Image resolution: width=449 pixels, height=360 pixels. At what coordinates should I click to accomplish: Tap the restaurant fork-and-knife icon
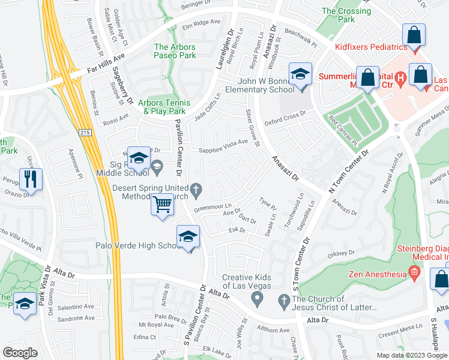(x=28, y=177)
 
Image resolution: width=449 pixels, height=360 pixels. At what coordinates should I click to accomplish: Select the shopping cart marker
(x=161, y=205)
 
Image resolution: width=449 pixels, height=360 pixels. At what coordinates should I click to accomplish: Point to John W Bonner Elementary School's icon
(x=300, y=74)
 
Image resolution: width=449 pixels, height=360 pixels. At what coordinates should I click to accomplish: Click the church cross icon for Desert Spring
(x=196, y=191)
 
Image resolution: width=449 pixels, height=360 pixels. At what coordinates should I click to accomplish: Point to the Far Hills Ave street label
(x=106, y=62)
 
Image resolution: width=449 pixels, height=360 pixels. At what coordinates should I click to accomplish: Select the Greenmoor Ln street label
(x=212, y=206)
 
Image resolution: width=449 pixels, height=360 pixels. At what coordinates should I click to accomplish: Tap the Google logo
(x=21, y=353)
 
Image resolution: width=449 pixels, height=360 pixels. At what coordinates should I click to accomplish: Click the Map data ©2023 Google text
(x=412, y=355)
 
